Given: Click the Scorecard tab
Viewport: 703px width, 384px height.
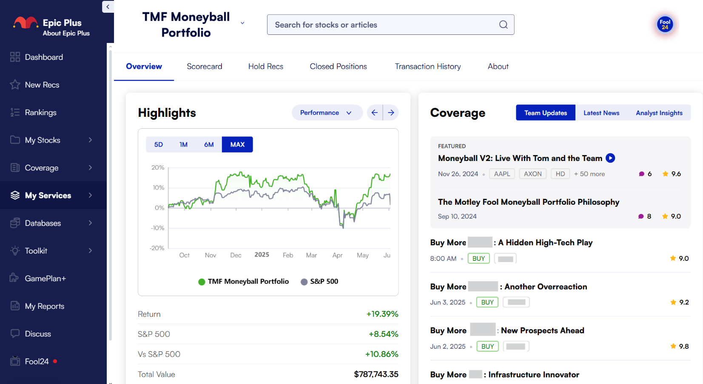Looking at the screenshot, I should pyautogui.click(x=204, y=67).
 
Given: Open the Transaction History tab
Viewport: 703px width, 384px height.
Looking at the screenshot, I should pyautogui.click(x=427, y=67).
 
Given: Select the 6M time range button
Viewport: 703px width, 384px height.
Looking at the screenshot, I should pyautogui.click(x=209, y=145).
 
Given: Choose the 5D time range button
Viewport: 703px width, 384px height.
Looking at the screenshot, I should pyautogui.click(x=159, y=145).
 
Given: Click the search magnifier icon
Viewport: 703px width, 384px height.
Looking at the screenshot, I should pyautogui.click(x=503, y=25).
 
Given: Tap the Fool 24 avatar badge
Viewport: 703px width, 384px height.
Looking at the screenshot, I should pyautogui.click(x=665, y=25).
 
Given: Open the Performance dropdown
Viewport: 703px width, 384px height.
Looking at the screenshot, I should pyautogui.click(x=326, y=113).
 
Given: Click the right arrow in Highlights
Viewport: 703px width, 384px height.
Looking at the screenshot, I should pyautogui.click(x=391, y=113).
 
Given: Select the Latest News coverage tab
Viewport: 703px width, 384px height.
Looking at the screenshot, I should pyautogui.click(x=601, y=113).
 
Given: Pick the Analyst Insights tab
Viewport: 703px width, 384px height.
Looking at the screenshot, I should pyautogui.click(x=659, y=113).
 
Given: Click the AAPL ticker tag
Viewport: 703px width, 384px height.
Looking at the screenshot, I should pyautogui.click(x=502, y=174).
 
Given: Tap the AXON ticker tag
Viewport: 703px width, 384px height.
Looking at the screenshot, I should pyautogui.click(x=532, y=174).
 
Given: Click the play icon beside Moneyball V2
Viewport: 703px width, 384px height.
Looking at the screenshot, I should pyautogui.click(x=610, y=158).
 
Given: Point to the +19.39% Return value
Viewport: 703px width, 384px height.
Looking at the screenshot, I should pyautogui.click(x=382, y=314).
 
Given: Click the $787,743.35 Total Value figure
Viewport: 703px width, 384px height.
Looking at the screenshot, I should pyautogui.click(x=376, y=375).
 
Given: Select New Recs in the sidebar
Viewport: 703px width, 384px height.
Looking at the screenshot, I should pyautogui.click(x=42, y=85).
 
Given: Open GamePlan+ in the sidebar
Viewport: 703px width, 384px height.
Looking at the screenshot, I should pyautogui.click(x=45, y=279).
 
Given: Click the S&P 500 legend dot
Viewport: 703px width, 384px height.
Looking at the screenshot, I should pyautogui.click(x=304, y=282).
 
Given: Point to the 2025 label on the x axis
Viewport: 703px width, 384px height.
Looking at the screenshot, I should pyautogui.click(x=262, y=255).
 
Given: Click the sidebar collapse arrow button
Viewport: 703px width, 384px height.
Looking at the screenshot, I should pyautogui.click(x=108, y=7).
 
